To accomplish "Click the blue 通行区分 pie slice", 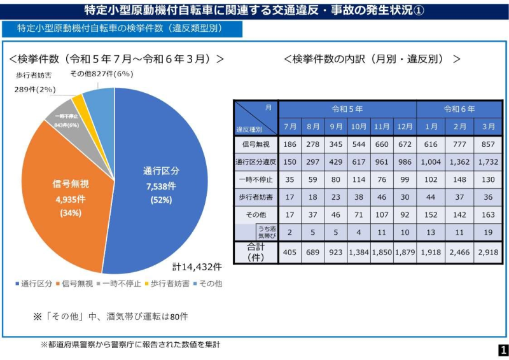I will [x=165, y=184].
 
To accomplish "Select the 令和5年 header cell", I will [x=347, y=109].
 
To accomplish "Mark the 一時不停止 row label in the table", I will [x=256, y=180].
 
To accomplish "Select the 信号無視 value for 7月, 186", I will [x=289, y=145].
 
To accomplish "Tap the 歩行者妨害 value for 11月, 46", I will [x=382, y=197].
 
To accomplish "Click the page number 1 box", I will [x=502, y=350].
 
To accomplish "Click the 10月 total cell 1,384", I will [x=359, y=253].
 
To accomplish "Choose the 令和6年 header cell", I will [x=459, y=109].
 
